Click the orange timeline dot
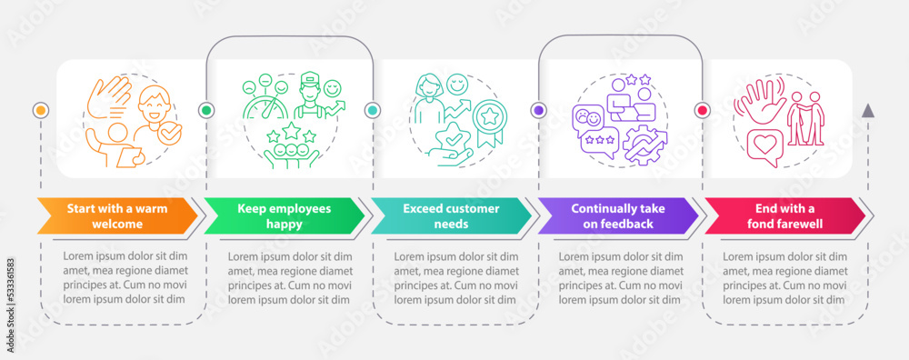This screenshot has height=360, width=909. tap(40, 110)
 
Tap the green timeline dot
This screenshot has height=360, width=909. tap(205, 110)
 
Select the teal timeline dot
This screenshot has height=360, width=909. tap(372, 110)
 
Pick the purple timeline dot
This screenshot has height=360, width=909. tap(537, 110)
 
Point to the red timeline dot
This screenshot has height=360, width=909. tap(702, 110)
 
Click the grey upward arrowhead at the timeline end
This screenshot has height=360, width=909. tap(868, 110)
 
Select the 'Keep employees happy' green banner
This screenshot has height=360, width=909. tap(283, 215)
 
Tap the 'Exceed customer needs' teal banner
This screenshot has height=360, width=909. tap(449, 215)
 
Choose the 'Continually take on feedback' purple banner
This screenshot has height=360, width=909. tap(615, 215)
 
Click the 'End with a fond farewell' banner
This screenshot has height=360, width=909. tap(782, 215)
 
